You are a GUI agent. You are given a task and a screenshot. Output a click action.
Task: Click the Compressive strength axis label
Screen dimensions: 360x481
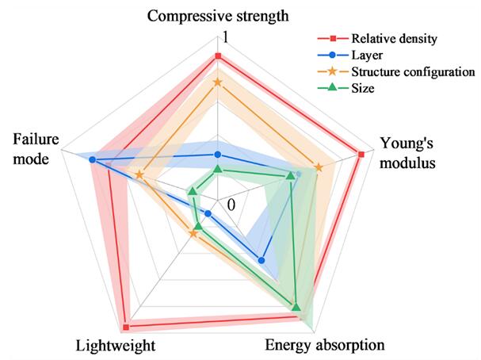pos(218,14)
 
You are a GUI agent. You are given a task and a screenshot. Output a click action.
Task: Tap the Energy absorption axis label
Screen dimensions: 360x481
pos(324,345)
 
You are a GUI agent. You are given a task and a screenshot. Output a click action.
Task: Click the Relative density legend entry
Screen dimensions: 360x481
pos(395,38)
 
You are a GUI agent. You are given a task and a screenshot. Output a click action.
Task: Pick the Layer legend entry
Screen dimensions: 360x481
pos(368,56)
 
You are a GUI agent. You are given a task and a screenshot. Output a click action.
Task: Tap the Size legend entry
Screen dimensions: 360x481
pos(364,89)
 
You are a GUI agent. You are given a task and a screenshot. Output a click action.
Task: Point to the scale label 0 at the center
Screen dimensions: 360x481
pos(231,205)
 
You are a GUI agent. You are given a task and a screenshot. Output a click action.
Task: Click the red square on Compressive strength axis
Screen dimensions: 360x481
pos(217,56)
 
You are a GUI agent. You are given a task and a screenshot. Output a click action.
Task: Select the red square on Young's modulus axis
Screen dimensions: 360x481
pos(361,154)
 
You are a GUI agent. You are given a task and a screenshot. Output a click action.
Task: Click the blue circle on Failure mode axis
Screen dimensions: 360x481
pos(93,160)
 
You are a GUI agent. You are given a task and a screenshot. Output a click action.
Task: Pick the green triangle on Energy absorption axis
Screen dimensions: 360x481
pos(296,307)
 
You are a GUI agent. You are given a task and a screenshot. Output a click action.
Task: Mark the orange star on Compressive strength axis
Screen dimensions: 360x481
pos(217,82)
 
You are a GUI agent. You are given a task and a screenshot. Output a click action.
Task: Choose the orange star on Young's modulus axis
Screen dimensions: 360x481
pos(319,167)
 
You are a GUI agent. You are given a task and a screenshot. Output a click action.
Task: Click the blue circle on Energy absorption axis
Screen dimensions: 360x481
pos(261,259)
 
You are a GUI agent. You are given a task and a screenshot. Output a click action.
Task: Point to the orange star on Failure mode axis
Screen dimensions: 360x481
pos(139,174)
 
